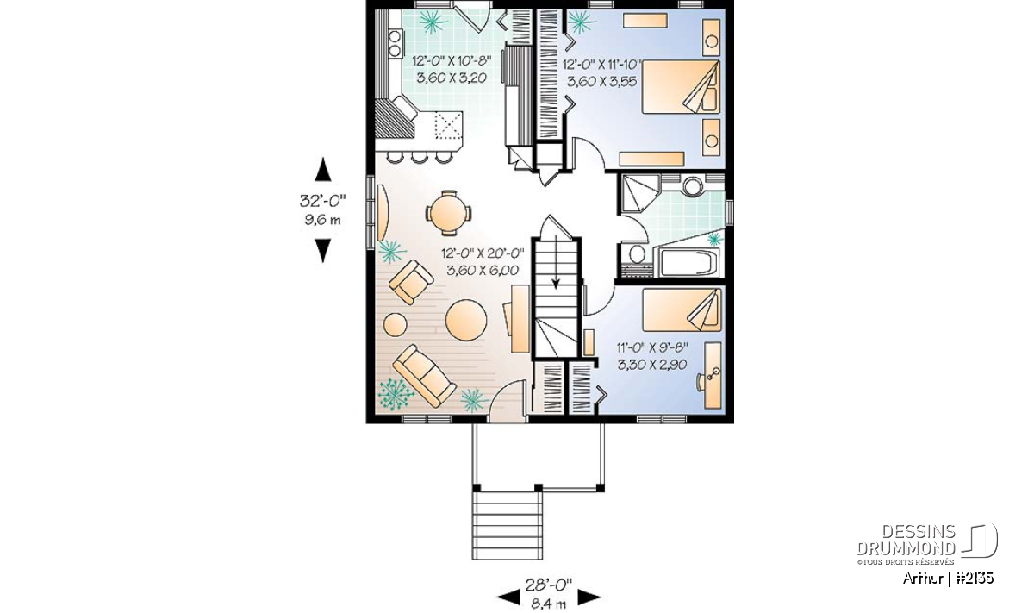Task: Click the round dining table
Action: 448,214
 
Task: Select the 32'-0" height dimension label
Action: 322,201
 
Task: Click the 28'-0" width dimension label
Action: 548,585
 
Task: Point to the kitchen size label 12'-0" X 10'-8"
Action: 451,60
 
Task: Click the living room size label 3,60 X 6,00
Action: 483,270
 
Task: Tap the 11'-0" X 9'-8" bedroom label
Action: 652,347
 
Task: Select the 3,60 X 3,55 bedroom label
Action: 601,82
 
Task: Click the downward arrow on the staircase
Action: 556,262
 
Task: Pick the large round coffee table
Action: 466,320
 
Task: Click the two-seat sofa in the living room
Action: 424,376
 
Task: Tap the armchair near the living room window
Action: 411,282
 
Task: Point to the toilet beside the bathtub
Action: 637,254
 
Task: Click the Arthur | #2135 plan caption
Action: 948,579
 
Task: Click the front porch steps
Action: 507,525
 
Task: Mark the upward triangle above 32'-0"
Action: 322,169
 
